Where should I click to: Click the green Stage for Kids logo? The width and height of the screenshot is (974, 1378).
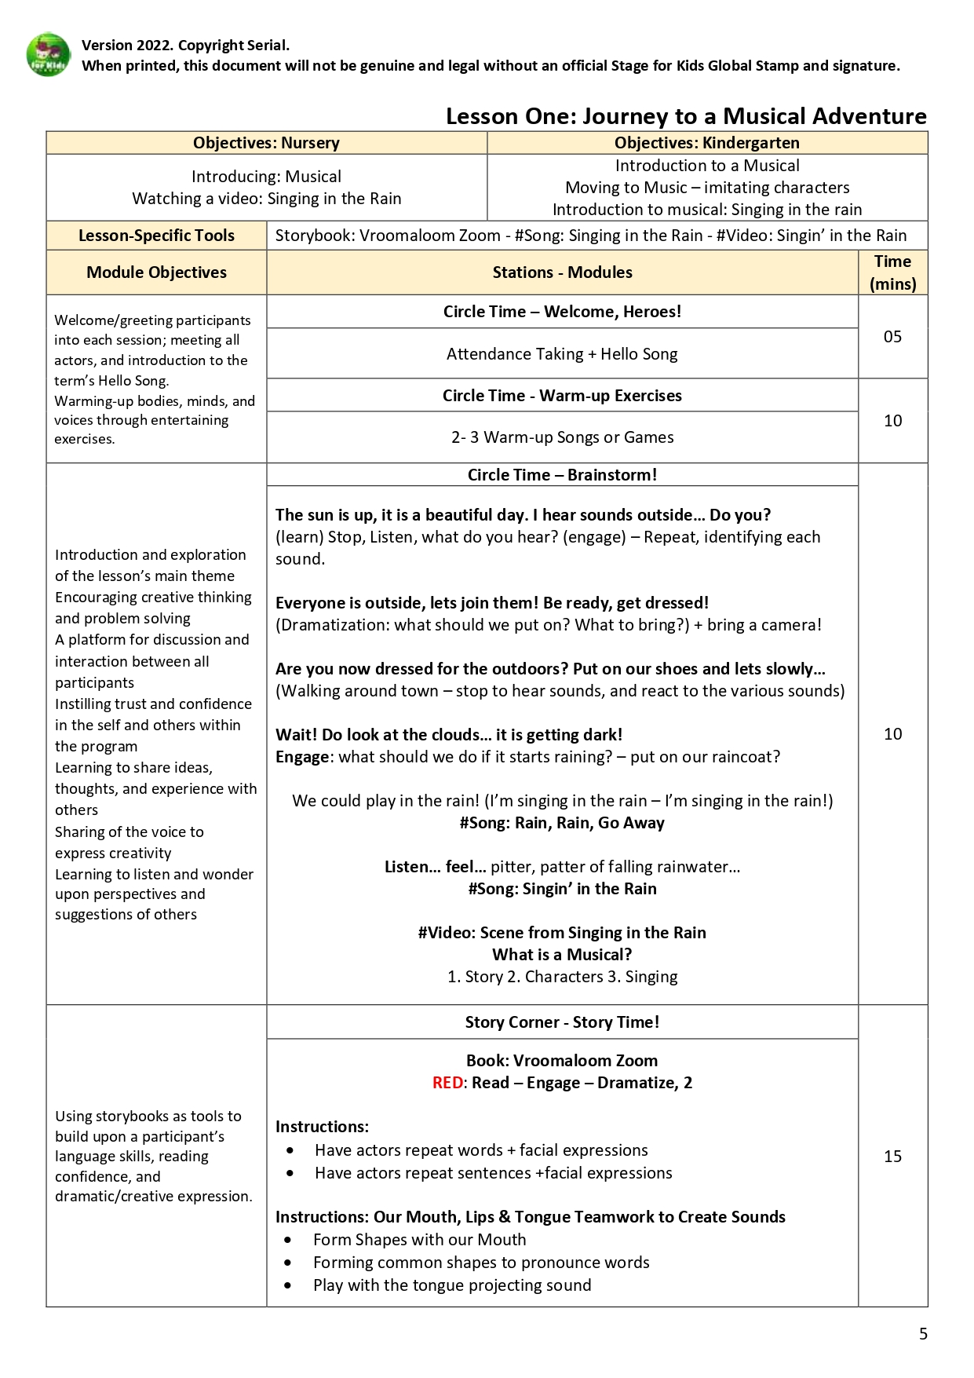coord(48,54)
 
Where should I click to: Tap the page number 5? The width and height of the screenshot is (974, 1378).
coord(923,1333)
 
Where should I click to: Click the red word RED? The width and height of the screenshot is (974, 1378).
coord(447,1083)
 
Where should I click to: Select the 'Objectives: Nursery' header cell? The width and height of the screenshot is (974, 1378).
coord(266,143)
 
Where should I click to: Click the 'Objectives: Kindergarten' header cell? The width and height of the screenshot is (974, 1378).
coord(706,143)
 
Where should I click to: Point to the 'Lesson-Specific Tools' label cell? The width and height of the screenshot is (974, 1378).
coord(156,236)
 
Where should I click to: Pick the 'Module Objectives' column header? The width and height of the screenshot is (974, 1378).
coord(156,272)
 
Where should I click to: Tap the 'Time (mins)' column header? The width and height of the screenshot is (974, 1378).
coord(892,272)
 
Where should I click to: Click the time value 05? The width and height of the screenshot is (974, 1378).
coord(892,337)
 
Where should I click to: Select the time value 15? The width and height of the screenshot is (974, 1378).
coord(892,1156)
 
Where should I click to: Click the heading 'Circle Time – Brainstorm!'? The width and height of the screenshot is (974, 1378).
coord(562,475)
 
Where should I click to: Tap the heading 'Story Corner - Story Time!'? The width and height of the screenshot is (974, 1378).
coord(562,1022)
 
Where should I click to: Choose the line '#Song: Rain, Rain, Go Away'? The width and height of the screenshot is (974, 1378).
coord(562,823)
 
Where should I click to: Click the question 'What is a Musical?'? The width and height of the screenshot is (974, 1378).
coord(562,955)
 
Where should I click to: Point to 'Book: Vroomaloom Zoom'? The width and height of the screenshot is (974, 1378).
coord(562,1061)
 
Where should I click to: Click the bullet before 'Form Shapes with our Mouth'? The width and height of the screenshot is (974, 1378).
coord(288,1240)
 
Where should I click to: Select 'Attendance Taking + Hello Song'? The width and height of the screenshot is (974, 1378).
coord(562,354)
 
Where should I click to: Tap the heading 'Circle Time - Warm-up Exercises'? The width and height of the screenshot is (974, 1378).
coord(562,396)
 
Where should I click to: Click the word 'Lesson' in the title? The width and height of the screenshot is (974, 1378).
coord(480,116)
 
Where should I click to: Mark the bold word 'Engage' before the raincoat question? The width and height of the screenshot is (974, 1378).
coord(302,757)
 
